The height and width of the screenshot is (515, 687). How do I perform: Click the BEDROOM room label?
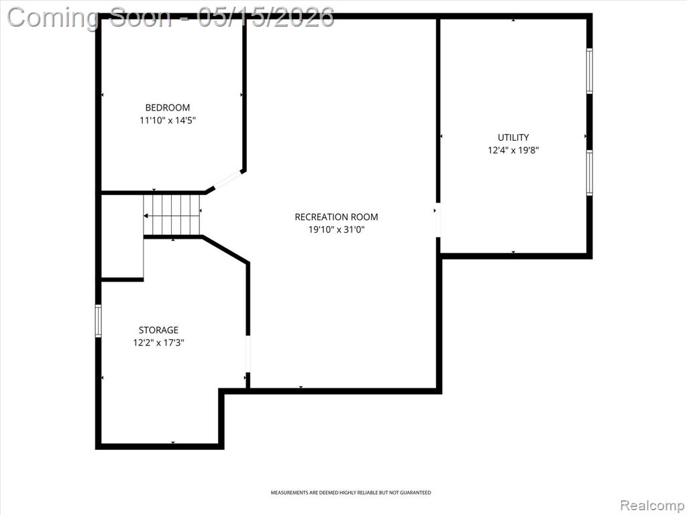pos(167,107)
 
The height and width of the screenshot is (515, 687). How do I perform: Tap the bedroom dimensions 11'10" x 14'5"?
pos(167,120)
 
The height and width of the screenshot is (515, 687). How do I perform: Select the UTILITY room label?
pos(513,137)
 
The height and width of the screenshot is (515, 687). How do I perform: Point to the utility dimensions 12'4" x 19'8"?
pos(513,150)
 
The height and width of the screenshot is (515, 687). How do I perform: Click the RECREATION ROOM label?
pos(336,217)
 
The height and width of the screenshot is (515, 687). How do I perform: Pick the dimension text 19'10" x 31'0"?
pos(336,229)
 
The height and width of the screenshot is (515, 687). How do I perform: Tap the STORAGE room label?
pos(158,330)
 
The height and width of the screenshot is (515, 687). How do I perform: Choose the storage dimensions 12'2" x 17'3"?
pos(158,343)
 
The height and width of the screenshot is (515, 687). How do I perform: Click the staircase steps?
pos(172,215)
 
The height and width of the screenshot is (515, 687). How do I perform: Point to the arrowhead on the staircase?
pos(146,216)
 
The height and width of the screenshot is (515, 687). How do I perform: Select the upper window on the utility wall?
pos(589,70)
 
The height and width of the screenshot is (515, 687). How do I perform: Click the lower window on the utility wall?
pos(589,172)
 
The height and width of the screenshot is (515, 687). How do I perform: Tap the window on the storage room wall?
pos(98,321)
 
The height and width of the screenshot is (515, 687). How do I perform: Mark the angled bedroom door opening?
pos(227,180)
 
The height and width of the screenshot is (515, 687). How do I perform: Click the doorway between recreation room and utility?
pos(437,220)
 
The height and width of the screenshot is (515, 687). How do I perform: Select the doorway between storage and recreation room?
pos(248,354)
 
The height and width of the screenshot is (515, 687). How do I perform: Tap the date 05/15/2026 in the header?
pos(266,17)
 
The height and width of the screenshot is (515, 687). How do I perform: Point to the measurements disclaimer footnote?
pos(350,493)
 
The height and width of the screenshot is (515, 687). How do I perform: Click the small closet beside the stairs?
pos(122,236)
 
